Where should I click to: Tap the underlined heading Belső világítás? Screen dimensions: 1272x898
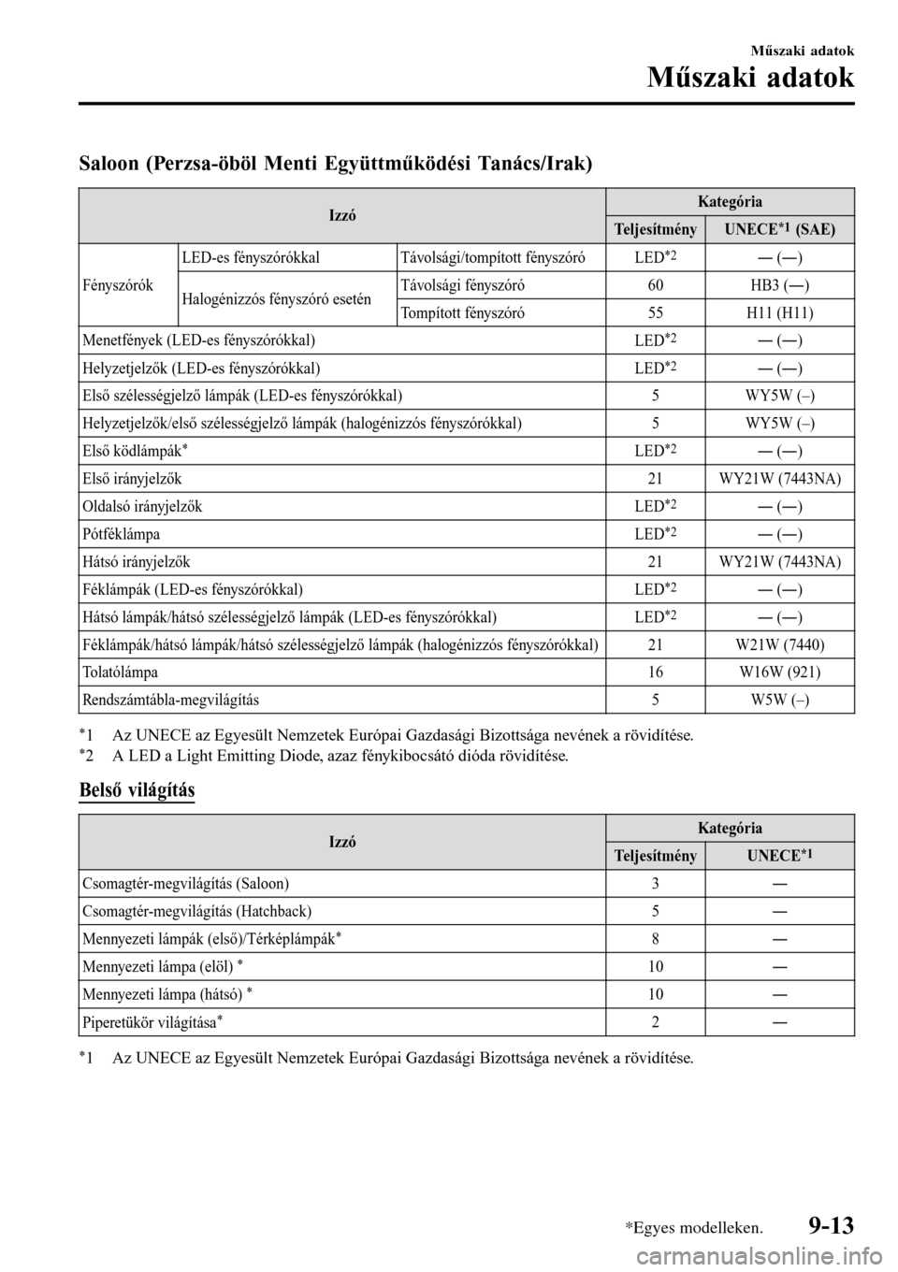[138, 789]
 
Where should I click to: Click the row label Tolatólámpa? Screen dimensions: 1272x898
[120, 672]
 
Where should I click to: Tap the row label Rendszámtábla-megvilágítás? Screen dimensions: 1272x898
[171, 700]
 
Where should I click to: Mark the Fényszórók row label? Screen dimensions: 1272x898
[118, 284]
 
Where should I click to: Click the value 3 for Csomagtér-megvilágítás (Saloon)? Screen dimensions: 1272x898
[655, 883]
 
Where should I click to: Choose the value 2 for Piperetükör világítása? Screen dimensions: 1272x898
[655, 1022]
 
